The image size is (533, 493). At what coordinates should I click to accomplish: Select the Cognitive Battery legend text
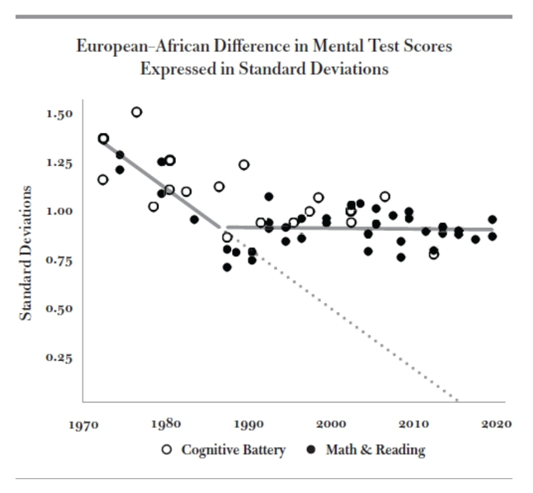(234, 450)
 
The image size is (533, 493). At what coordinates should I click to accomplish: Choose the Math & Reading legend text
(375, 450)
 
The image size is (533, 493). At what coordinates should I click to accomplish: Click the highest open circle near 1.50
(137, 112)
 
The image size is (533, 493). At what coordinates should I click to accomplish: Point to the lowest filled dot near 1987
(227, 267)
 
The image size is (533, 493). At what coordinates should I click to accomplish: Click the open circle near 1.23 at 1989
(244, 165)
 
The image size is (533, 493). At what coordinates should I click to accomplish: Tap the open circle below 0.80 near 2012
(434, 255)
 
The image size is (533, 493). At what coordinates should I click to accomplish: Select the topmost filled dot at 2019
(492, 220)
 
